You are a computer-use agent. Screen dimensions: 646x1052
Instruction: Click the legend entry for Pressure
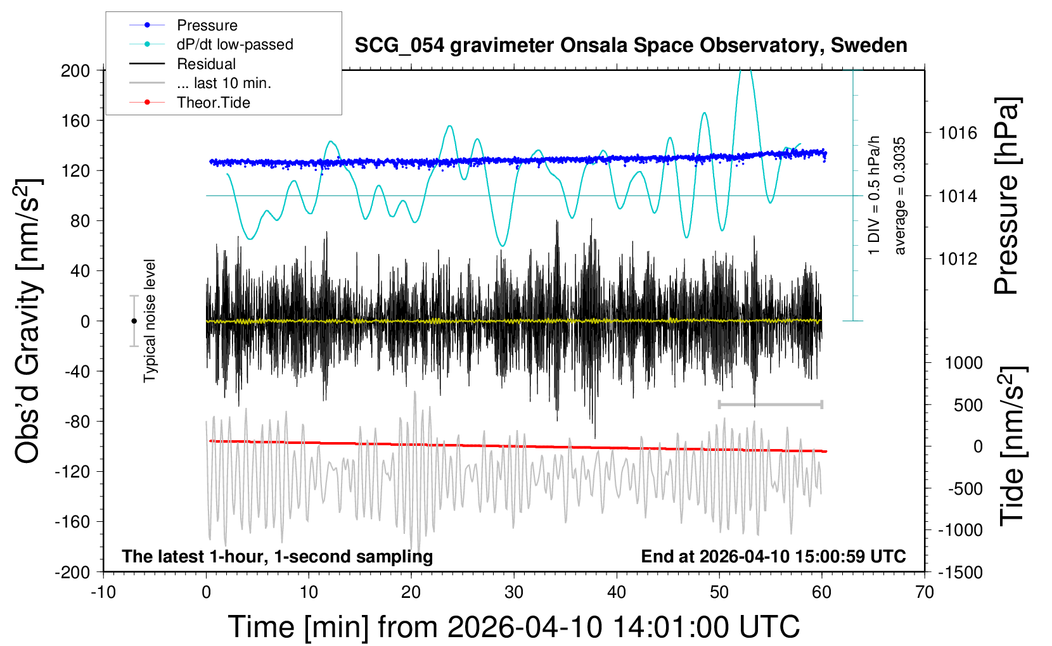coord(207,25)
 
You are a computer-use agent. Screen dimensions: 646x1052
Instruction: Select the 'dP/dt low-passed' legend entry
coord(234,44)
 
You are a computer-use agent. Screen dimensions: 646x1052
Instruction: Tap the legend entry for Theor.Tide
coord(213,103)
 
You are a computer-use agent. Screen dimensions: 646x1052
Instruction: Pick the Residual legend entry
coord(206,64)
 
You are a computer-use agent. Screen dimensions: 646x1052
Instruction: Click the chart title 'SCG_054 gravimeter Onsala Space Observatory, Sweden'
coord(631,46)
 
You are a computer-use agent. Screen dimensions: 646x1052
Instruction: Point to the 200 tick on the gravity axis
coord(75,70)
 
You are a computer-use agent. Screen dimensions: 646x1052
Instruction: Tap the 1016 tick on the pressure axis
coord(958,133)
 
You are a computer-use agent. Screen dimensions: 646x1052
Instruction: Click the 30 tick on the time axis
coord(514,593)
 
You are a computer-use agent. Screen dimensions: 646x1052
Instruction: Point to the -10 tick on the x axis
coord(103,593)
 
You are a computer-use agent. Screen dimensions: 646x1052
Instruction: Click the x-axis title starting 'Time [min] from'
coord(514,627)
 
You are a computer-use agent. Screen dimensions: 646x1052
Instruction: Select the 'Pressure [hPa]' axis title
coord(1006,196)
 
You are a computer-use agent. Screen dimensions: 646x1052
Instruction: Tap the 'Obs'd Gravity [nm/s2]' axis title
coord(29,321)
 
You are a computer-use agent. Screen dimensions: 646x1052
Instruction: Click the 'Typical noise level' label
coord(150,321)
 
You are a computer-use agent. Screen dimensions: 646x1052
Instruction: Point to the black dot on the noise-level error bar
coord(134,321)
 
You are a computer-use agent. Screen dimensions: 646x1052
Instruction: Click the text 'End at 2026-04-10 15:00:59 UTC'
coord(773,557)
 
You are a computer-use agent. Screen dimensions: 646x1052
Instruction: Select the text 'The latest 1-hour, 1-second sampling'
coord(278,557)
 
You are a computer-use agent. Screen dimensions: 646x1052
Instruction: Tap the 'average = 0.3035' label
coord(900,196)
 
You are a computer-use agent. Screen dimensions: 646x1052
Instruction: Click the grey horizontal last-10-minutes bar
coord(770,404)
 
